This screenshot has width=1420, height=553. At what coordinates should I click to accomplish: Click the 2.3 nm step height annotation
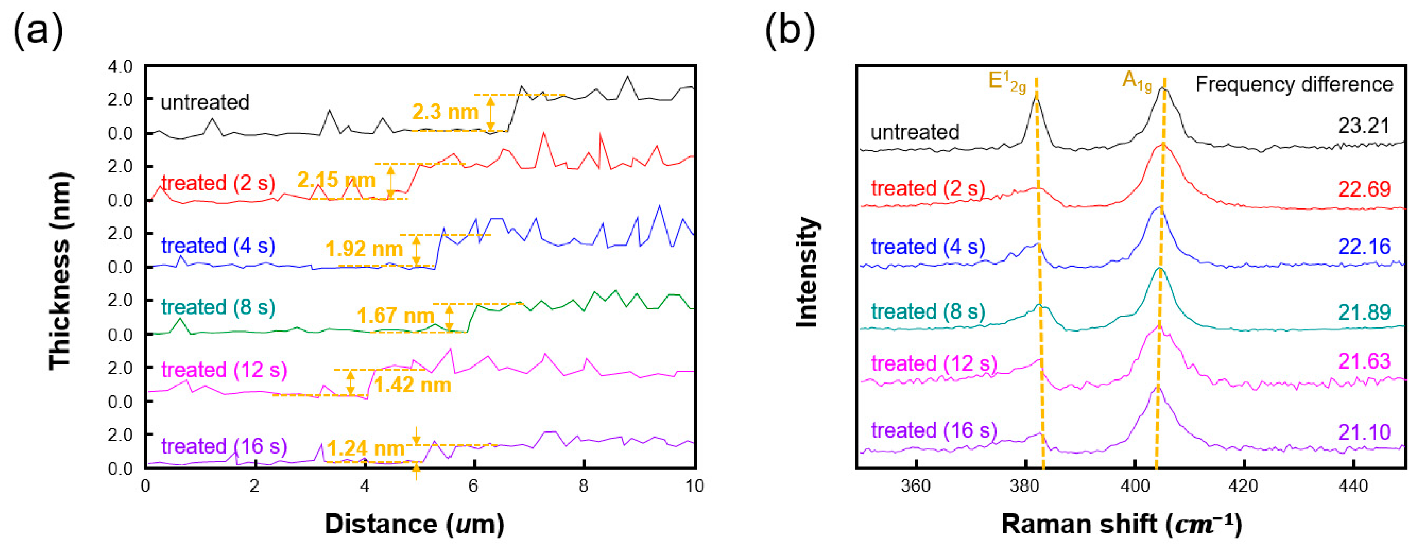[x=445, y=112]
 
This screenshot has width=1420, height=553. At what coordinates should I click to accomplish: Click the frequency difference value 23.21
[x=1363, y=126]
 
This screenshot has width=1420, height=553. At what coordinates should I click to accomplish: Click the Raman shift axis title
[x=1121, y=524]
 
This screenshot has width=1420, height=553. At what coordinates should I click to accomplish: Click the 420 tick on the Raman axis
[x=1244, y=486]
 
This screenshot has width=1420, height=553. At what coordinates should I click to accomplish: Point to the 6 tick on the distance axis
[x=473, y=486]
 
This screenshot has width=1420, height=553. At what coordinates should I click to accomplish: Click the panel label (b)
[x=790, y=31]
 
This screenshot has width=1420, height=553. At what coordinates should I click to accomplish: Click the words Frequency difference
[x=1294, y=85]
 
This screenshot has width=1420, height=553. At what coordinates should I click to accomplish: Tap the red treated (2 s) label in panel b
[x=928, y=188]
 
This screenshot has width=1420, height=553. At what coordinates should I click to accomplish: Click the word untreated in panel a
[x=205, y=102]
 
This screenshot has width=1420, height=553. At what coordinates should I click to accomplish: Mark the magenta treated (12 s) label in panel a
[x=224, y=369]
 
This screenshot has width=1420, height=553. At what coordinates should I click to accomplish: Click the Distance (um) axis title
[x=414, y=524]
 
